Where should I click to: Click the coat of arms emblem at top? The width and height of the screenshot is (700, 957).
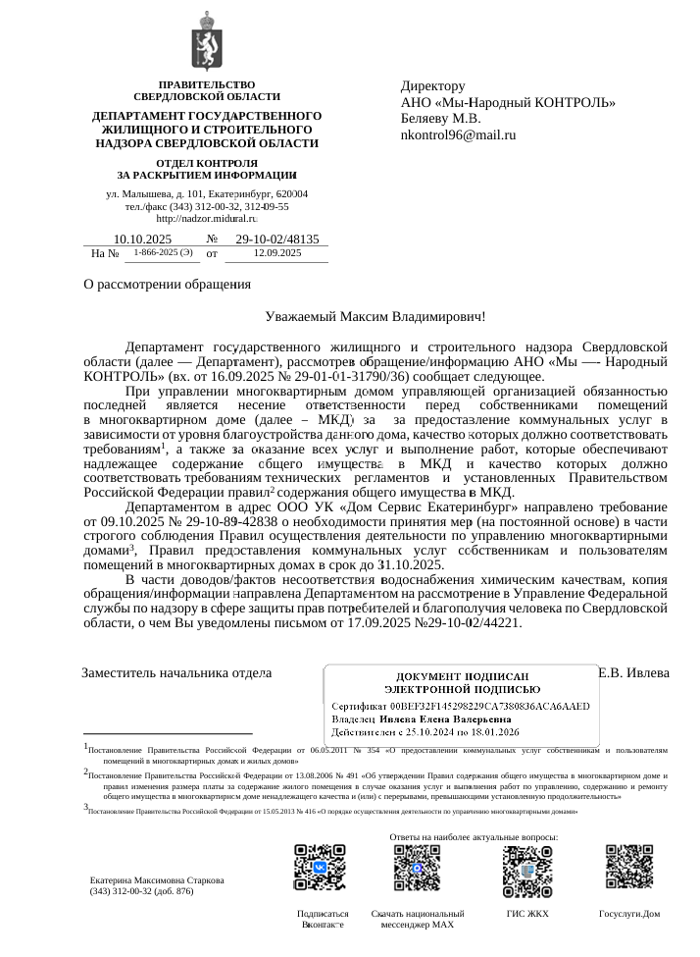point(207,41)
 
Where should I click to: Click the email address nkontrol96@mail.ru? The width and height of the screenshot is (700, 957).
point(458,134)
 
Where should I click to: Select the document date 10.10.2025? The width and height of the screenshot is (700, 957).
point(142,239)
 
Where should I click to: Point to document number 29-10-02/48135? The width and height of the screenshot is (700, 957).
point(277,239)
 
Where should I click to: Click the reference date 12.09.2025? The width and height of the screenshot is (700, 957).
point(277,253)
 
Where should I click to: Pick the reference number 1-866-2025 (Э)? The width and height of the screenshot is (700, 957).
point(162,253)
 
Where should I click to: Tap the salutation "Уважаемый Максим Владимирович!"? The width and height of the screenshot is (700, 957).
point(375,316)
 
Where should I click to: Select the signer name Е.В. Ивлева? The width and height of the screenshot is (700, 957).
point(633,672)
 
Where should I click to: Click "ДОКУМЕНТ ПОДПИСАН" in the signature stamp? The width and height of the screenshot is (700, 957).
point(462,676)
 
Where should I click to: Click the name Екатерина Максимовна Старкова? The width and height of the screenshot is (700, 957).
point(156,879)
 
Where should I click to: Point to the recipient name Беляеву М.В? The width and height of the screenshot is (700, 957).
point(440,119)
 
